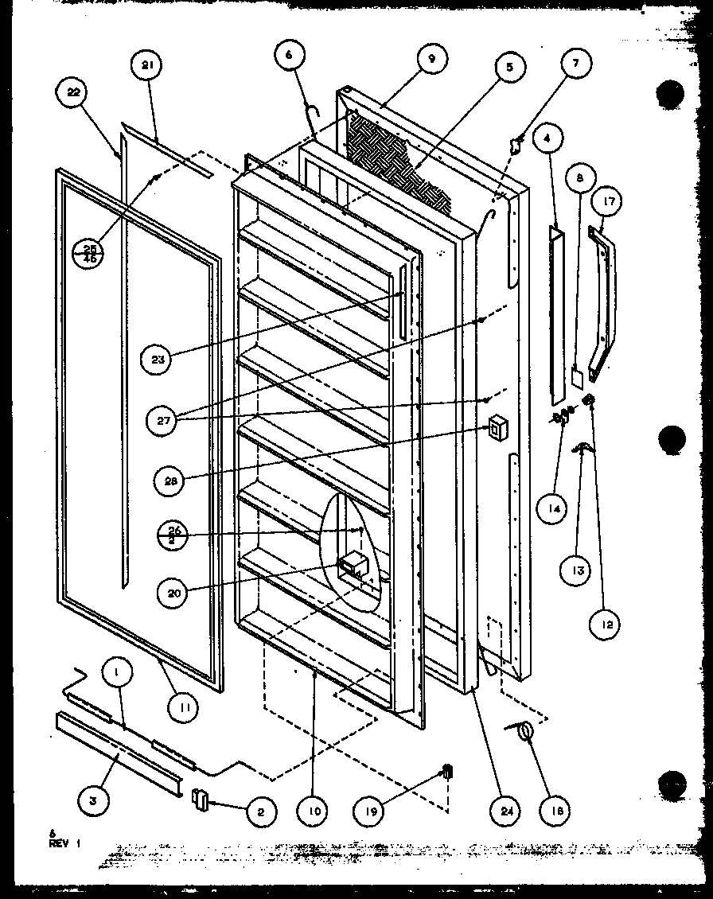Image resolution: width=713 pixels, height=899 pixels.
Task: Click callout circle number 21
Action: click(x=146, y=65)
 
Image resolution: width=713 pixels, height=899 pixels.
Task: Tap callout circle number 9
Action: click(x=432, y=59)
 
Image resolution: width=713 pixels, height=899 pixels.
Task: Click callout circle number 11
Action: click(x=185, y=703)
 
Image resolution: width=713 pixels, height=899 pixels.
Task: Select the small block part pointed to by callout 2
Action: click(x=199, y=798)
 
